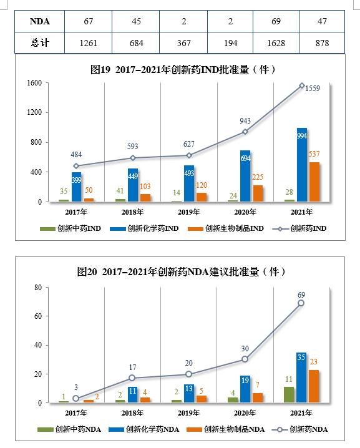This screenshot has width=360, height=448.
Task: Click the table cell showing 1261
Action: pos(89,44)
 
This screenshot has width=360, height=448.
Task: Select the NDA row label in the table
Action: pos(40,22)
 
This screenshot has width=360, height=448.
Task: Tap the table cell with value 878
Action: pos(322,44)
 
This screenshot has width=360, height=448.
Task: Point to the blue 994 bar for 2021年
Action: pos(302,165)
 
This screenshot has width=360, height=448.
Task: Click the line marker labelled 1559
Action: pos(302,85)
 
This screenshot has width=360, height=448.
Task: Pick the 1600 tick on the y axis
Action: pos(34,83)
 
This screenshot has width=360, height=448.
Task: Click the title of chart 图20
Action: pos(181,271)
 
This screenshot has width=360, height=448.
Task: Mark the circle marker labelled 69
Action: pos(301,303)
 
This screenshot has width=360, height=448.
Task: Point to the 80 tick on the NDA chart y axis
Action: pos(37,288)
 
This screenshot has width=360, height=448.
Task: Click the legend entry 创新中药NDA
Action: pos(71,429)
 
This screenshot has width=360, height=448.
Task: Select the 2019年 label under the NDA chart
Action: pos(188,413)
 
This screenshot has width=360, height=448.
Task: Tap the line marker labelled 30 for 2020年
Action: pos(245,359)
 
